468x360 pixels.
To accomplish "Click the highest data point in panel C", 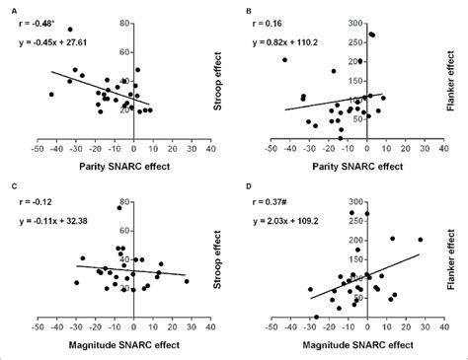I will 119,207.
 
